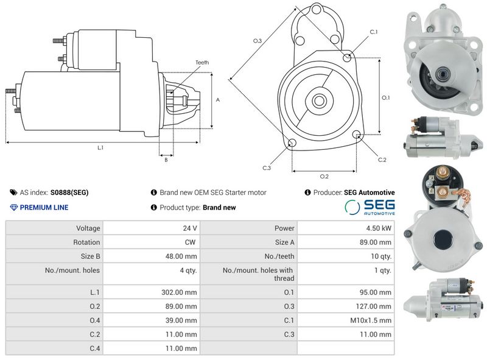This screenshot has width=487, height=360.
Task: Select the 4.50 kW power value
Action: (x=379, y=228)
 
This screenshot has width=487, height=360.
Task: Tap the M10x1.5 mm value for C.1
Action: (x=371, y=320)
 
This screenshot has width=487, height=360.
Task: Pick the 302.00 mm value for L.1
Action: (x=179, y=292)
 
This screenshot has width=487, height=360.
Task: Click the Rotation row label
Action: (x=86, y=242)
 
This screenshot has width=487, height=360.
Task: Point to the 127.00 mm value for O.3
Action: (x=374, y=306)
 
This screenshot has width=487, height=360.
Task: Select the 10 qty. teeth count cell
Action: (x=381, y=256)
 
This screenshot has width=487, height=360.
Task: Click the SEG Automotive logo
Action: (x=370, y=207)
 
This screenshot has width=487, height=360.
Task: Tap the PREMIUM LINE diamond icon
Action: (x=13, y=207)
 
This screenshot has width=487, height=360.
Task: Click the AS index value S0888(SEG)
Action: (x=69, y=192)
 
